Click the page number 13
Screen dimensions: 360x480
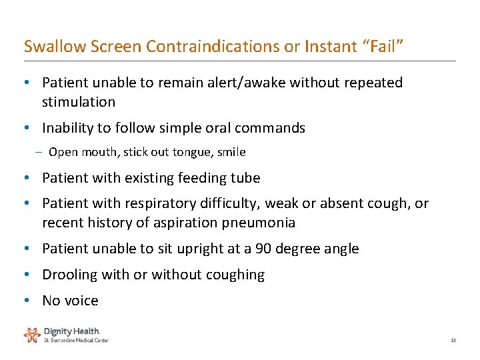coord(453,341)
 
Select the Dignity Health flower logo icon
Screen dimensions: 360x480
coord(32,334)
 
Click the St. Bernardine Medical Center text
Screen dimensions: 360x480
coord(76,340)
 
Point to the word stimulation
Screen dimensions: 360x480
coord(79,102)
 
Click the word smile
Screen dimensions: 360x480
coord(232,152)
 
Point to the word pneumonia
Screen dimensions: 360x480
coord(261,223)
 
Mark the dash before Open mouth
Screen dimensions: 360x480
coord(39,152)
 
